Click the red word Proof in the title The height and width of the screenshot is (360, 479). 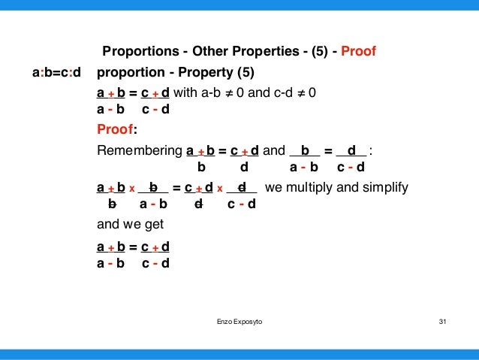(x=358, y=53)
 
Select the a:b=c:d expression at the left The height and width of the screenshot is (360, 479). (x=57, y=73)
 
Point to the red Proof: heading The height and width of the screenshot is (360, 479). (x=115, y=129)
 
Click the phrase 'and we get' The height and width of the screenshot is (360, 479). (x=130, y=224)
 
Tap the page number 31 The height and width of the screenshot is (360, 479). (x=442, y=321)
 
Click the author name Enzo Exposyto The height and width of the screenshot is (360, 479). (x=239, y=321)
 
